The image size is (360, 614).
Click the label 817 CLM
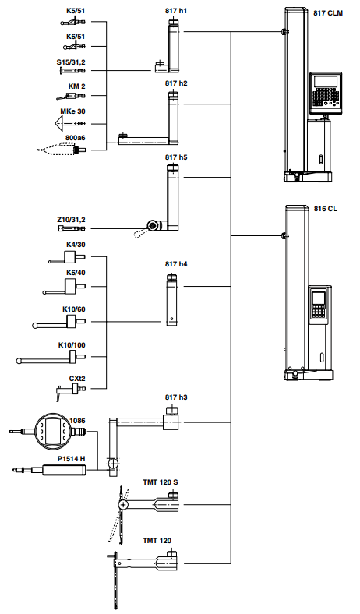click(x=328, y=13)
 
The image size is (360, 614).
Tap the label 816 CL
click(x=326, y=209)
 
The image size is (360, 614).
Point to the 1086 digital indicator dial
click(x=52, y=430)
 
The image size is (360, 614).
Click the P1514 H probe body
click(x=63, y=470)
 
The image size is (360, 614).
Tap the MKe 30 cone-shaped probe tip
click(x=60, y=124)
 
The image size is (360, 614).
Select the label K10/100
click(x=72, y=345)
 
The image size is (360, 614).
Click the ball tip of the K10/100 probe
click(x=19, y=361)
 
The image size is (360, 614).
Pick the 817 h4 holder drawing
click(x=172, y=299)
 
